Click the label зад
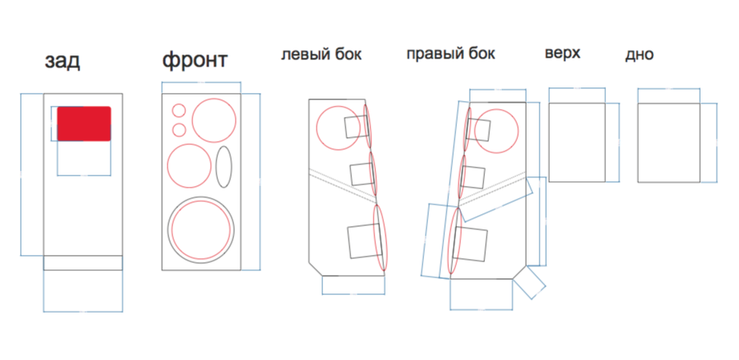coord(63,62)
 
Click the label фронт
coord(195,61)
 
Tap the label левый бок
coord(321,55)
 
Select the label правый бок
coord(450,54)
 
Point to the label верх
coord(562,53)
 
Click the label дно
coord(639,55)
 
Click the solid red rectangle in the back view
coord(84,123)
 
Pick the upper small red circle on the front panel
coord(179,111)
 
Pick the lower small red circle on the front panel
coord(179,130)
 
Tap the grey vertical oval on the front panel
coord(224,167)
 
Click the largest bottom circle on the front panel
coord(201,230)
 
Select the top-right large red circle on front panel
coord(213,120)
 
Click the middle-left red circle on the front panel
coord(189,166)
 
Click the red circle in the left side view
coord(338,128)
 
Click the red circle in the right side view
coord(496,131)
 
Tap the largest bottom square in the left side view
coord(364,241)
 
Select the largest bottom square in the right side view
coord(470,244)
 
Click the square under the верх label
coord(577,142)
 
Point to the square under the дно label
coord(668,142)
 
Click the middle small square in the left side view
coord(362,174)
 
